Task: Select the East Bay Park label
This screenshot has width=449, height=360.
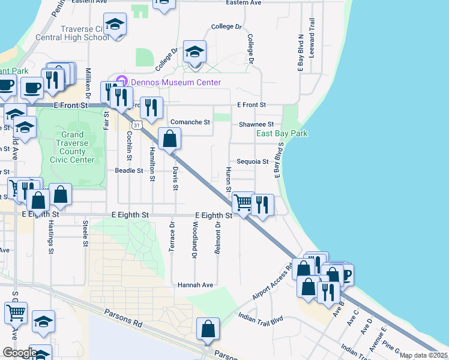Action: coord(282,133)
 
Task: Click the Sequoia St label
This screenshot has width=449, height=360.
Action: coord(252,161)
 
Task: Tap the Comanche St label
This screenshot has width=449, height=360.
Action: coord(190,122)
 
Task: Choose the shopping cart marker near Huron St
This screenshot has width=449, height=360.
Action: coord(243,203)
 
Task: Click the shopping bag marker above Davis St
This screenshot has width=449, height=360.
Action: coord(170,139)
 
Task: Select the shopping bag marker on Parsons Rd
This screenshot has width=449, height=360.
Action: coord(208,329)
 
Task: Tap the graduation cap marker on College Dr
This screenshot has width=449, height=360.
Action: coord(194,52)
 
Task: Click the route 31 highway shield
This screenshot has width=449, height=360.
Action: coord(137,125)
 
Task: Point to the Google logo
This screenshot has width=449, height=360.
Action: coord(19,353)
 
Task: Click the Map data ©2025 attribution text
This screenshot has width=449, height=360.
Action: coord(423,355)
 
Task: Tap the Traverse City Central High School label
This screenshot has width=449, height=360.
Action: coord(83,33)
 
